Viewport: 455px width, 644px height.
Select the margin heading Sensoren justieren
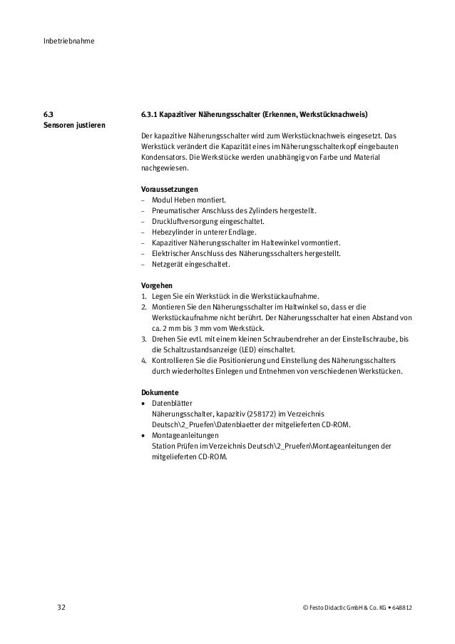click(75, 126)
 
